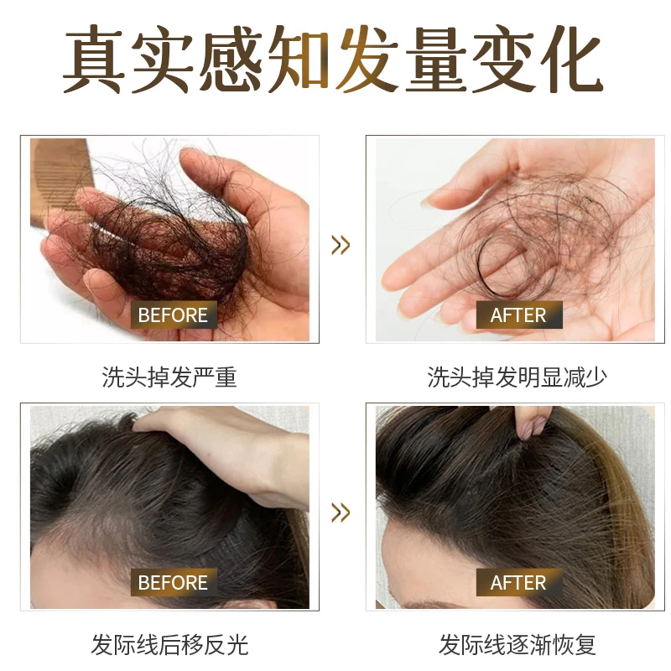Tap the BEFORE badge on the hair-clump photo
(173, 315)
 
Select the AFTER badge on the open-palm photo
(518, 315)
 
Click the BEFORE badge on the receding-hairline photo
(173, 582)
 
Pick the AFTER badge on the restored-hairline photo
(518, 582)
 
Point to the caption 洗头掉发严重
(169, 377)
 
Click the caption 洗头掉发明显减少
(517, 377)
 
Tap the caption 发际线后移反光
(169, 644)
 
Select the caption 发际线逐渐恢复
(517, 644)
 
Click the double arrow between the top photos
(340, 245)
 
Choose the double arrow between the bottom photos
(340, 512)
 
